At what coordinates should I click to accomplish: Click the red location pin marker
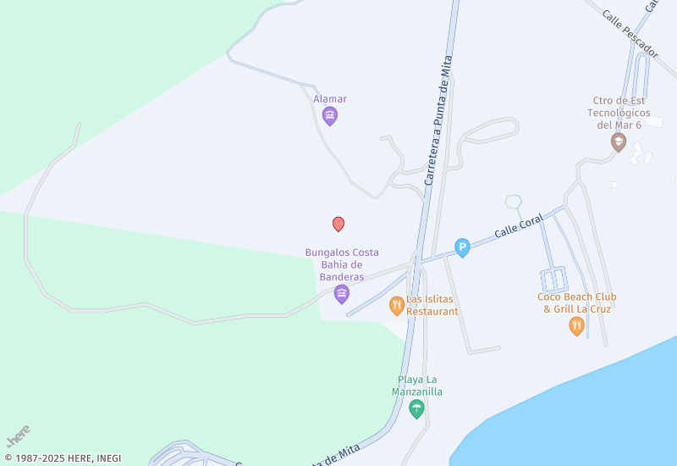coord(338,224)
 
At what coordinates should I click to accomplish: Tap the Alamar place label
coord(330,99)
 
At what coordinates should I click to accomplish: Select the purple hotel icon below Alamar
coord(330,115)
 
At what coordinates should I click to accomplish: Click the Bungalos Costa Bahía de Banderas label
coord(342,264)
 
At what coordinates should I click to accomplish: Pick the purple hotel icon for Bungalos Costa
coord(342,294)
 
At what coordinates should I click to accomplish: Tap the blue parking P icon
coord(462,247)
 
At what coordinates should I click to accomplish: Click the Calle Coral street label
coord(518,225)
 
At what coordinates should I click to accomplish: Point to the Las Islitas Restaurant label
coord(432,305)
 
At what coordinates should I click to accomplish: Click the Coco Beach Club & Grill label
coord(576,302)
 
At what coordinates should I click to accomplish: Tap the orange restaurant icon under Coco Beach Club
coord(576,326)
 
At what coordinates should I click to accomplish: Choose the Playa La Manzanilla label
coord(416,386)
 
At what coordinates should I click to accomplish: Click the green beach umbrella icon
coord(416,409)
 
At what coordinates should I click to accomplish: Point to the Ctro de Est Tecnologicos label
coord(620,113)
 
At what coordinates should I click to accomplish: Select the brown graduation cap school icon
coord(619,141)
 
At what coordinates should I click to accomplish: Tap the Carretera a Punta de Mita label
coord(439,120)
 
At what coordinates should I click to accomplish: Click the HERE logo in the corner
coord(18,435)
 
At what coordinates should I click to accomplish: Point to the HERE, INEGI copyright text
coord(63,458)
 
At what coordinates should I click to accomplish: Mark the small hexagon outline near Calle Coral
coord(513,202)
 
